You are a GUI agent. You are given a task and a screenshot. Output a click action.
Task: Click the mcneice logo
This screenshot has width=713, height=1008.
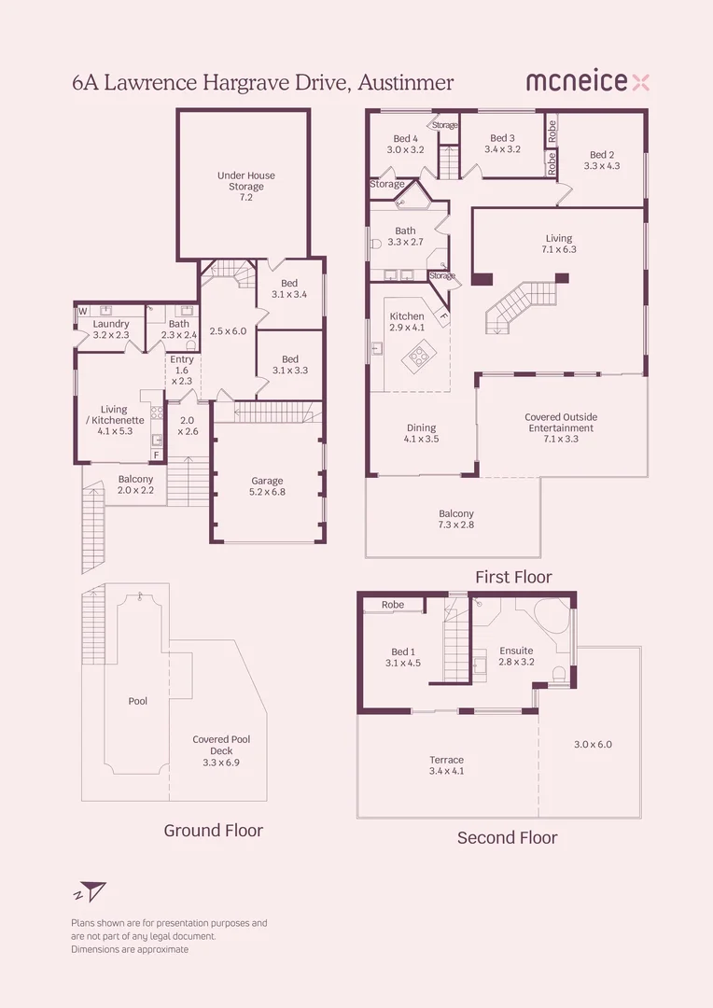[587, 82]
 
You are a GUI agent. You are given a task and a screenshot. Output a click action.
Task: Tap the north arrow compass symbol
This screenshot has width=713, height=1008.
[91, 891]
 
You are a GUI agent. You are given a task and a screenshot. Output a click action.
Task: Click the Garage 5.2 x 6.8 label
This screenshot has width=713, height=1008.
[267, 487]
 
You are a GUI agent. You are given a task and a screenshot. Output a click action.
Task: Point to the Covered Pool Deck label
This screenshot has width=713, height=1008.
[221, 750]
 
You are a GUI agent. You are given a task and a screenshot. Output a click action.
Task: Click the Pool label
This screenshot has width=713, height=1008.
[138, 701]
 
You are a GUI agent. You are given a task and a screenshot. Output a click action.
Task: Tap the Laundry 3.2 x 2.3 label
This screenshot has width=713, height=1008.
[111, 329]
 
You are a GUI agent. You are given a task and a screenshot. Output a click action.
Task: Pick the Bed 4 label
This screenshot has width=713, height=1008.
[405, 144]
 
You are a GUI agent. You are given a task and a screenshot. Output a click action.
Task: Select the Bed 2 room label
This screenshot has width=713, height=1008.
[602, 161]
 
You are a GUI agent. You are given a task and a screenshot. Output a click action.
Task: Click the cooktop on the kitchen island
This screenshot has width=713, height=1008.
[416, 355]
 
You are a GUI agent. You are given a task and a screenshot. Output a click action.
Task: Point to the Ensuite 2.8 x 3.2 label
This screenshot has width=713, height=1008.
[516, 656]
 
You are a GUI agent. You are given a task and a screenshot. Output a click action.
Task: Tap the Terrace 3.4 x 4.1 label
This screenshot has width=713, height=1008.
[446, 765]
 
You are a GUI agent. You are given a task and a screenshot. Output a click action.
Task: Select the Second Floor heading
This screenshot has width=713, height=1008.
[507, 837]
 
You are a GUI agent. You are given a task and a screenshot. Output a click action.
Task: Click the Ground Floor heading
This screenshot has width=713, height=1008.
[213, 830]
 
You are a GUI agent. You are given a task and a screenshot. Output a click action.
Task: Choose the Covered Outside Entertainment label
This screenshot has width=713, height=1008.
[560, 427]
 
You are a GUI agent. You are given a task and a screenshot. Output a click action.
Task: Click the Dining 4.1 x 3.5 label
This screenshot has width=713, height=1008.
[421, 433]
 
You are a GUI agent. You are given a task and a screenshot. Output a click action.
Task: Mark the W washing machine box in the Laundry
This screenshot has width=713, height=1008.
[82, 311]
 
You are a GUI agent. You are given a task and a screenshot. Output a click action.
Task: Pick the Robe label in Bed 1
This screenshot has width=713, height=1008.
[393, 605]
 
